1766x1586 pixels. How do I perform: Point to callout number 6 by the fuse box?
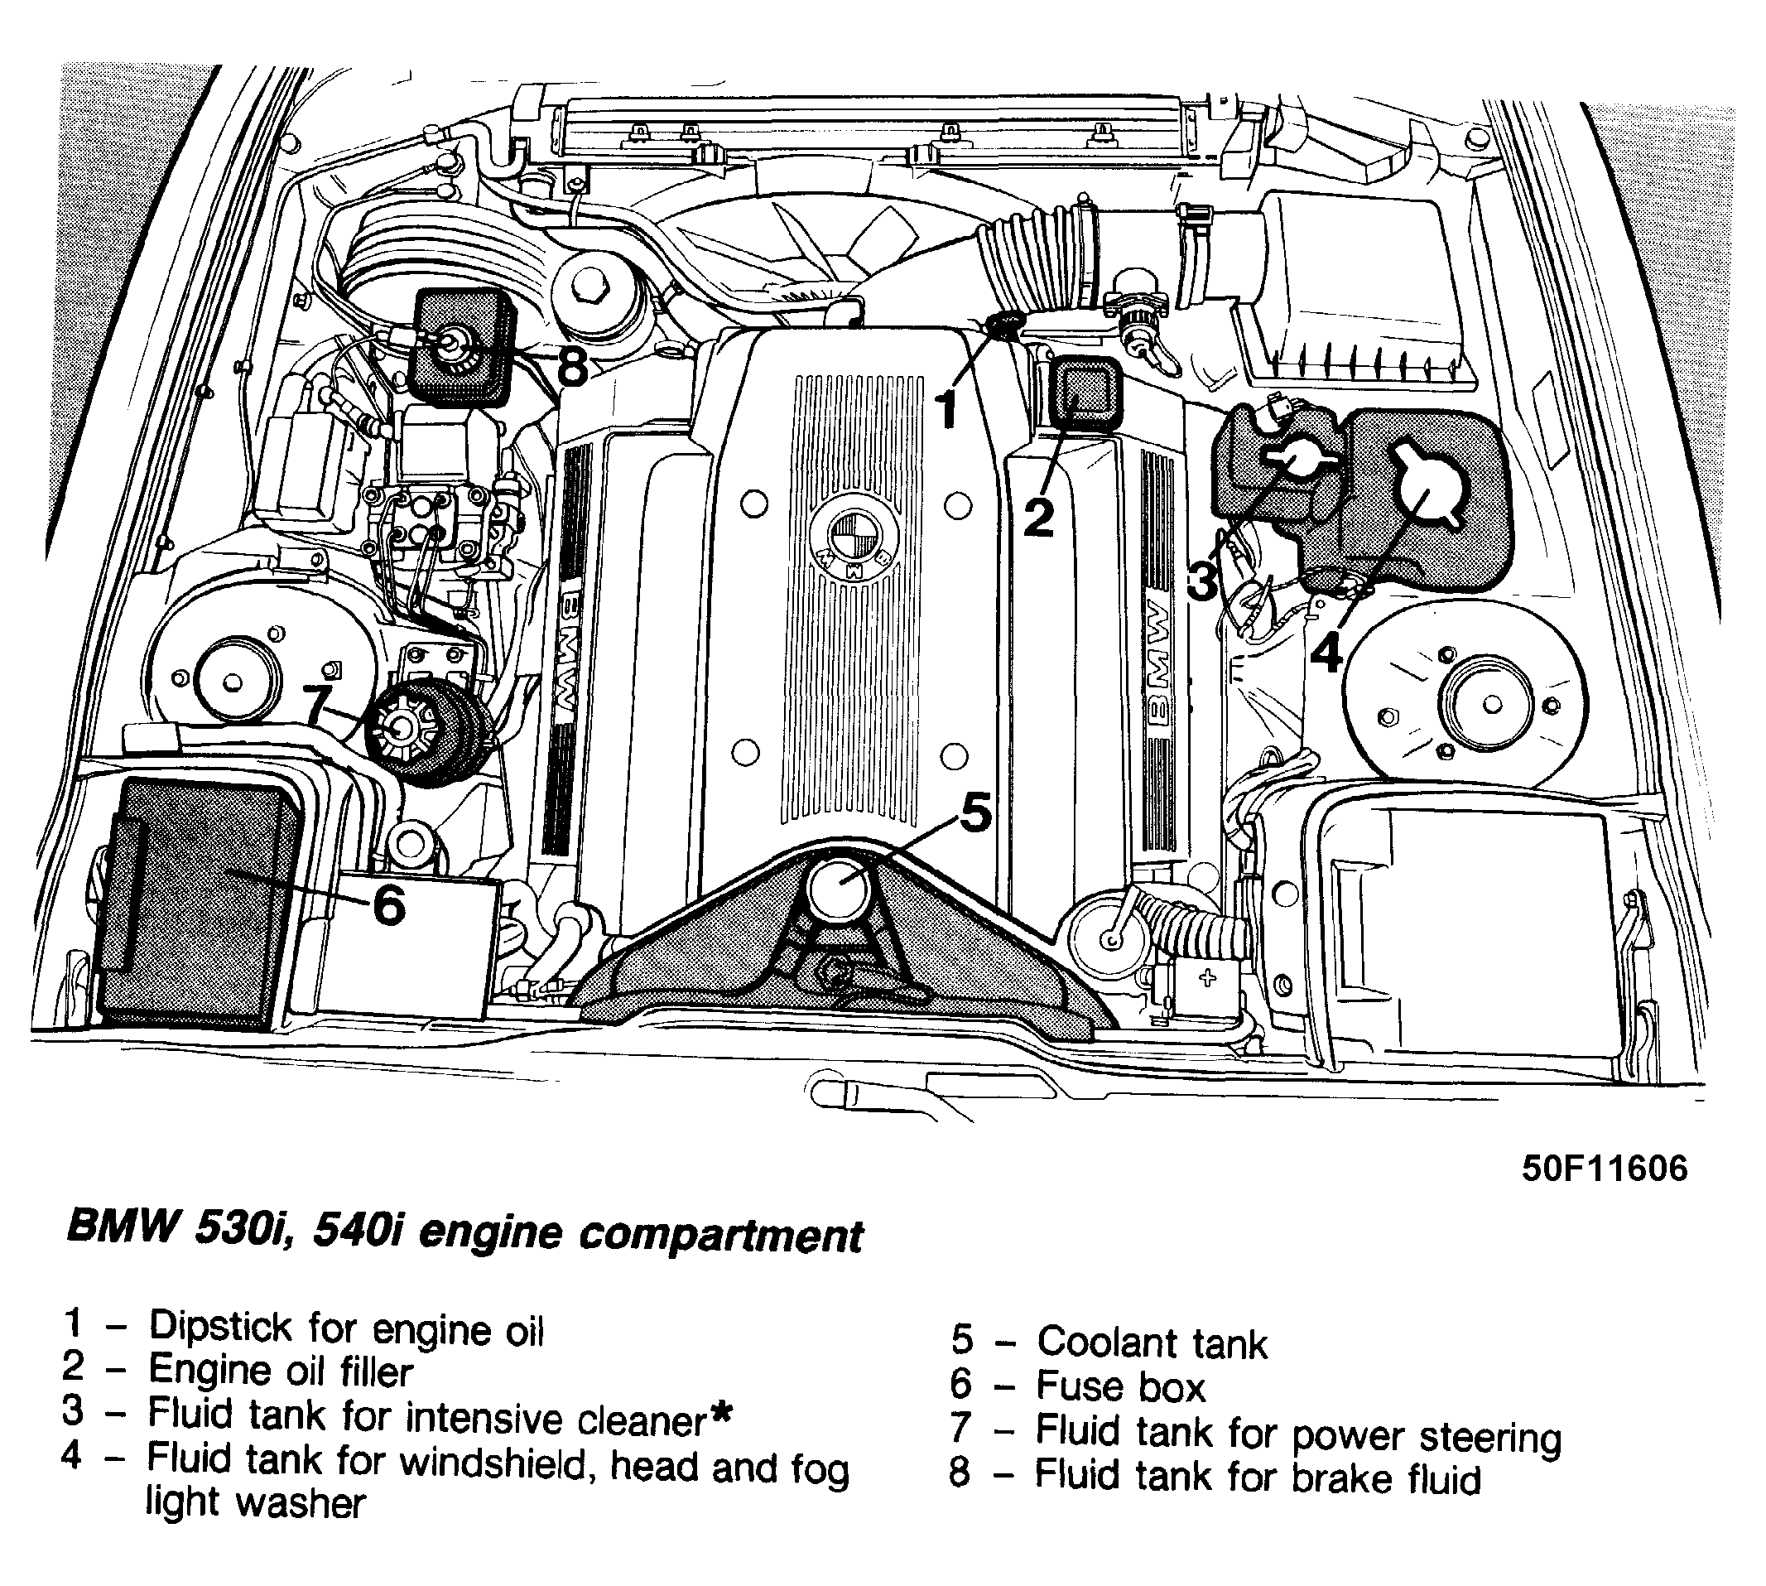(x=388, y=905)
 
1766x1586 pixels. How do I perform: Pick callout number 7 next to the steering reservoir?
(x=319, y=704)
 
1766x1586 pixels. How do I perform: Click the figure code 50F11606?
(x=1604, y=1168)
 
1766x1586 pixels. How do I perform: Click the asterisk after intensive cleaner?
(x=719, y=1415)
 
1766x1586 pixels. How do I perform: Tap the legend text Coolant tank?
(x=1151, y=1342)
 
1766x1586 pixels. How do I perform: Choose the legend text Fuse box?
(x=1120, y=1386)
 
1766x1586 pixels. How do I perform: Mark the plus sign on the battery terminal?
(x=1206, y=978)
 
